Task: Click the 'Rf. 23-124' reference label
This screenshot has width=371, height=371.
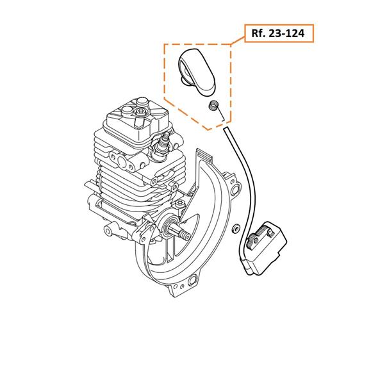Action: click(x=279, y=33)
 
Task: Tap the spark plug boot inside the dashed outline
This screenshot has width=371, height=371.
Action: click(x=197, y=72)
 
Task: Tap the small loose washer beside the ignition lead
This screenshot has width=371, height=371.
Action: click(x=235, y=228)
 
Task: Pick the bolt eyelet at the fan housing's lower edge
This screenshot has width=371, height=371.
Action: click(x=192, y=281)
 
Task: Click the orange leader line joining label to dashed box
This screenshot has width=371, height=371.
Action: click(x=238, y=40)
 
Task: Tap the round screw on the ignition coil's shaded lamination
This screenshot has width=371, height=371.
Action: click(x=256, y=240)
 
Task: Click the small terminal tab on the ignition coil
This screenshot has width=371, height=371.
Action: click(x=272, y=232)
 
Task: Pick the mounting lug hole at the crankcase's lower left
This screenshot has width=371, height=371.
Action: click(x=108, y=230)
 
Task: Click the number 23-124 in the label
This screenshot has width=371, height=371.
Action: click(x=286, y=33)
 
